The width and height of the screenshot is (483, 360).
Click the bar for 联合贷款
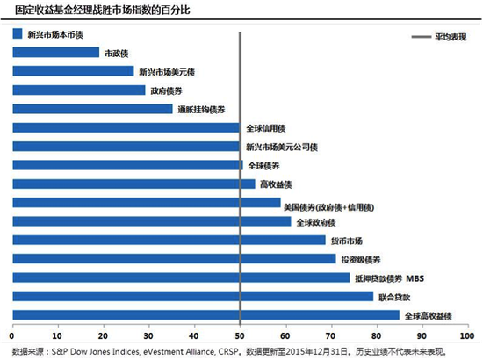coord(193,296)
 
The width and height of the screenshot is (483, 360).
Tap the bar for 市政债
coord(55,53)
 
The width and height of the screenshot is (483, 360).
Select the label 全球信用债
coord(268,128)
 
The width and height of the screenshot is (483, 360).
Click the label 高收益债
coord(275,184)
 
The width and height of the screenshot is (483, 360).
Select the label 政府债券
coord(167,90)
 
